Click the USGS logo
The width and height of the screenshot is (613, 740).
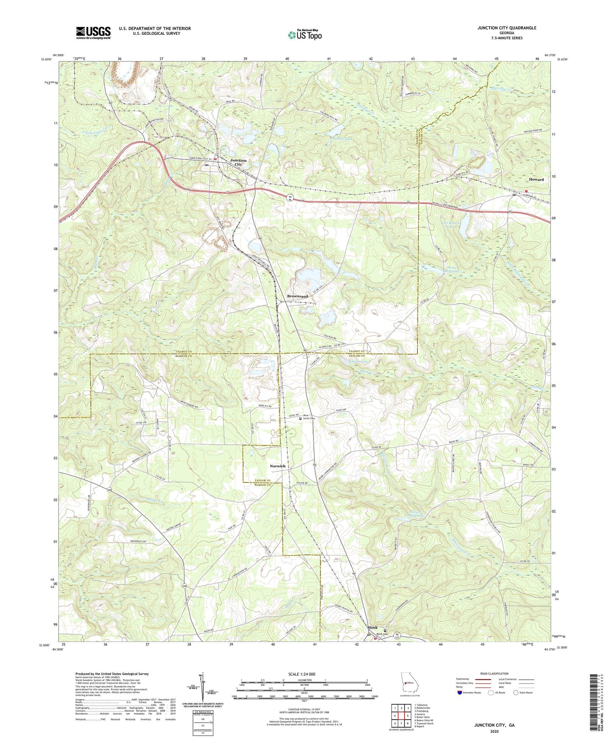coord(93,33)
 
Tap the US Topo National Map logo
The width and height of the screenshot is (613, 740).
coord(304,35)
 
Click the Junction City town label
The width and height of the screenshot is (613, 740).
coord(238,163)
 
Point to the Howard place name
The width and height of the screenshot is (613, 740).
coord(536,180)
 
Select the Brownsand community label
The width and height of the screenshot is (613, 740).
coord(297,296)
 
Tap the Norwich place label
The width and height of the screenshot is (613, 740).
coord(277,466)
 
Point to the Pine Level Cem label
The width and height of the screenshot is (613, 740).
coord(310,417)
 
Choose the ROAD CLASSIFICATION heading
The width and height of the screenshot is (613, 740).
coord(494,673)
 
